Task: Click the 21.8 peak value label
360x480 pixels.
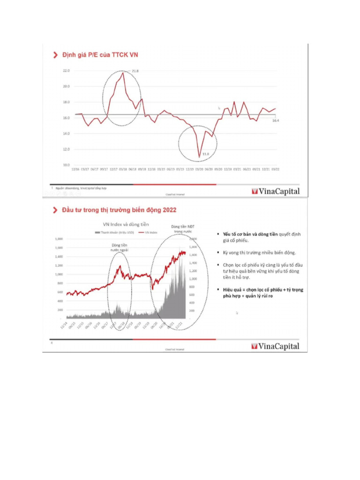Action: pyautogui.click(x=135, y=71)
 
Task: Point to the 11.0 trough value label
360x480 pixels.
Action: pyautogui.click(x=205, y=154)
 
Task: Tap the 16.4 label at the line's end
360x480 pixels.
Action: pyautogui.click(x=276, y=121)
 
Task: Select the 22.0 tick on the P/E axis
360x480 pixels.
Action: pyautogui.click(x=66, y=71)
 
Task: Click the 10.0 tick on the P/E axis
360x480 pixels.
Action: pyautogui.click(x=66, y=165)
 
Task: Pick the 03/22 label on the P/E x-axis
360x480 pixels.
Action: pyautogui.click(x=276, y=170)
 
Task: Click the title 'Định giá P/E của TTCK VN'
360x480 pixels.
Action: pyautogui.click(x=100, y=55)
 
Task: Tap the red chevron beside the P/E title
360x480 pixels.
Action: pyautogui.click(x=55, y=55)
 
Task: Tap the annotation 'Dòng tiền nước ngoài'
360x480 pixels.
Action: pyautogui.click(x=119, y=247)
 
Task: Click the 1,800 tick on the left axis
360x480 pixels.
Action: pyautogui.click(x=60, y=239)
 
